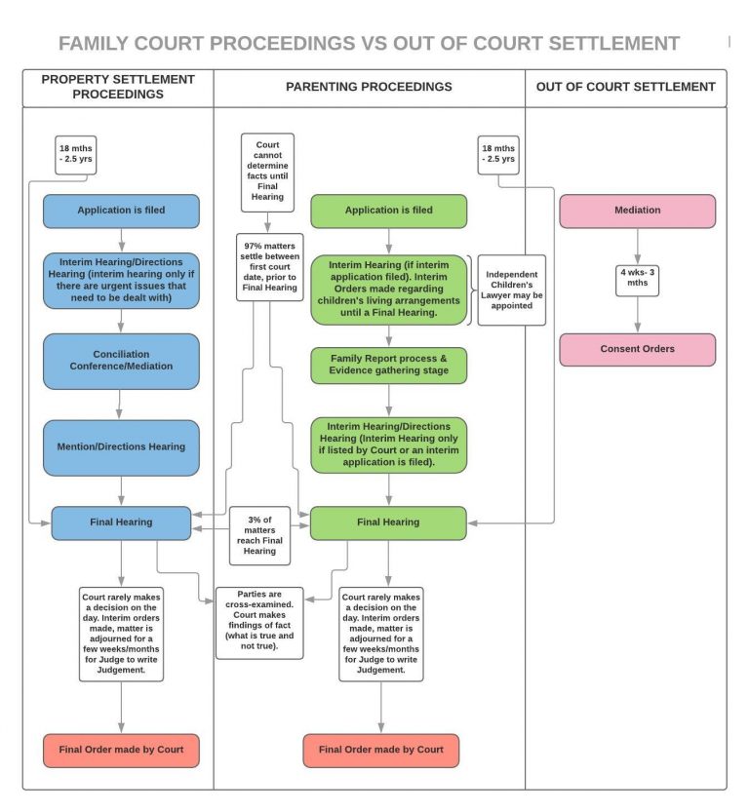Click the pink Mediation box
click(637, 211)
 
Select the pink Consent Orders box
click(637, 349)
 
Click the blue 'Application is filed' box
click(121, 211)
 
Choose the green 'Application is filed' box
click(388, 211)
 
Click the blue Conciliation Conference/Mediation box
click(121, 361)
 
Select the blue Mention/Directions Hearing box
click(121, 447)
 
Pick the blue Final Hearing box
click(121, 522)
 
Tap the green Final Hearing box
click(388, 522)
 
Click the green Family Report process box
click(388, 365)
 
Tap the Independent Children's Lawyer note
click(511, 289)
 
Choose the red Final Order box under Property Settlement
click(121, 751)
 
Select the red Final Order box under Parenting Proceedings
click(380, 751)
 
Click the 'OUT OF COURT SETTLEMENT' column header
click(625, 87)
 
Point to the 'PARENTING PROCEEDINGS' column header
click(369, 87)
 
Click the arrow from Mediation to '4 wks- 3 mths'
click(637, 247)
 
